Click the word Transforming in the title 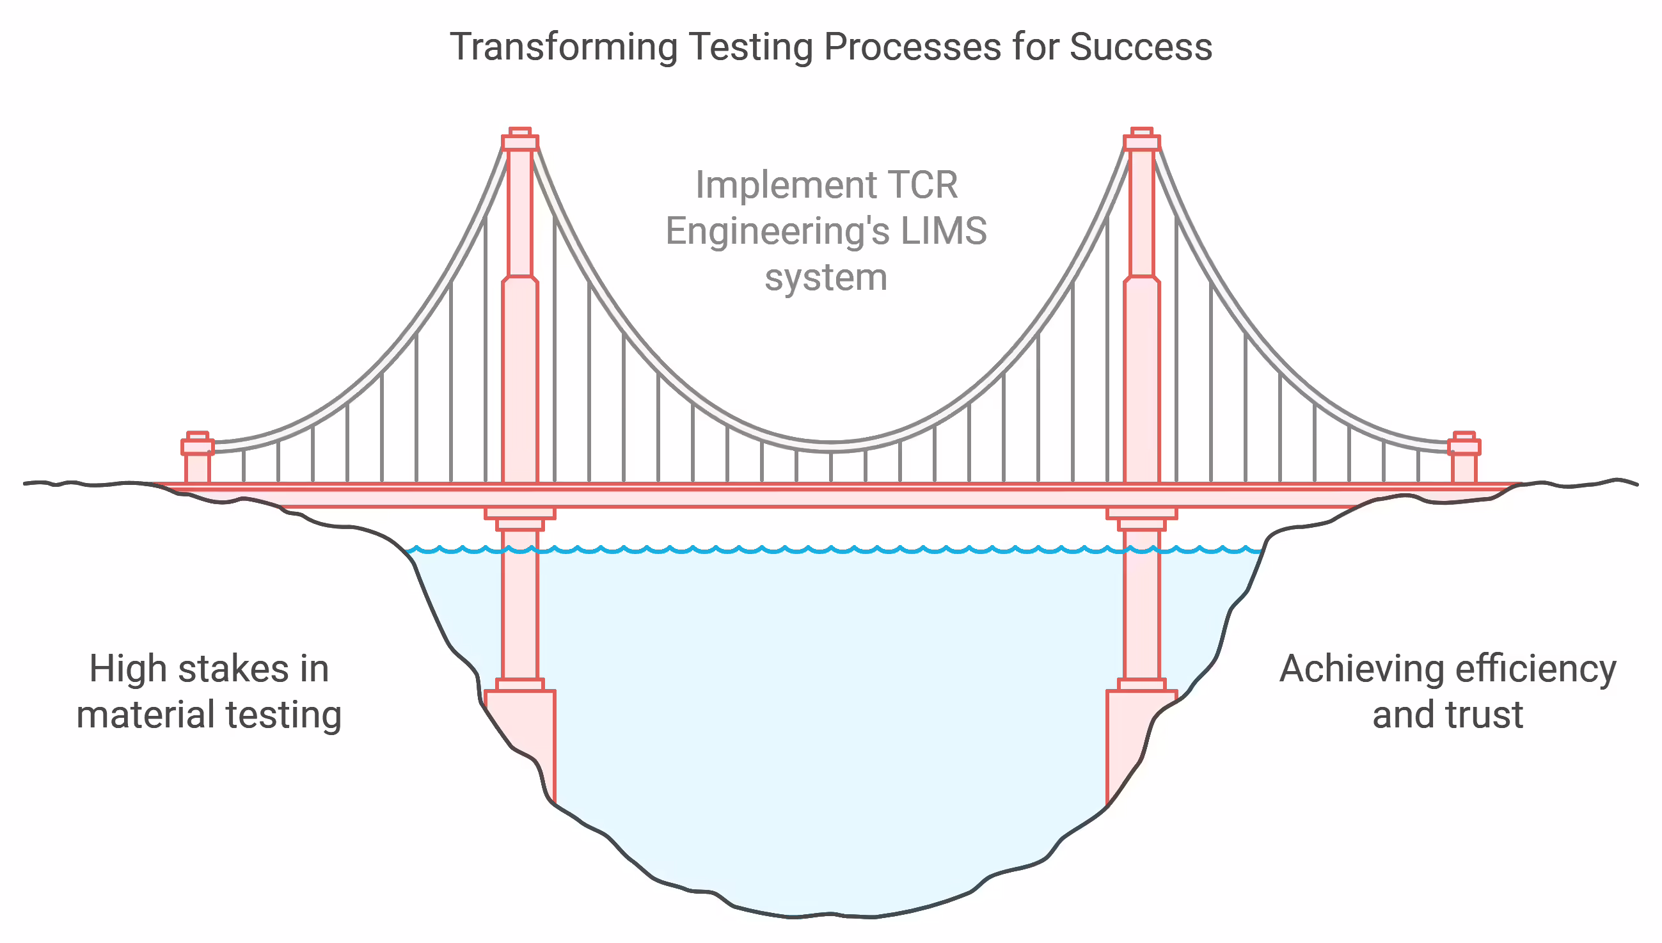tap(564, 48)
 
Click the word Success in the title tap(1141, 47)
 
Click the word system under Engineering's tap(825, 278)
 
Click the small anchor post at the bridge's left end tap(198, 457)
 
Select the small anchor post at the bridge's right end tap(1464, 457)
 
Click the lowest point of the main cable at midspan tap(832, 447)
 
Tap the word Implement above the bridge tap(786, 187)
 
